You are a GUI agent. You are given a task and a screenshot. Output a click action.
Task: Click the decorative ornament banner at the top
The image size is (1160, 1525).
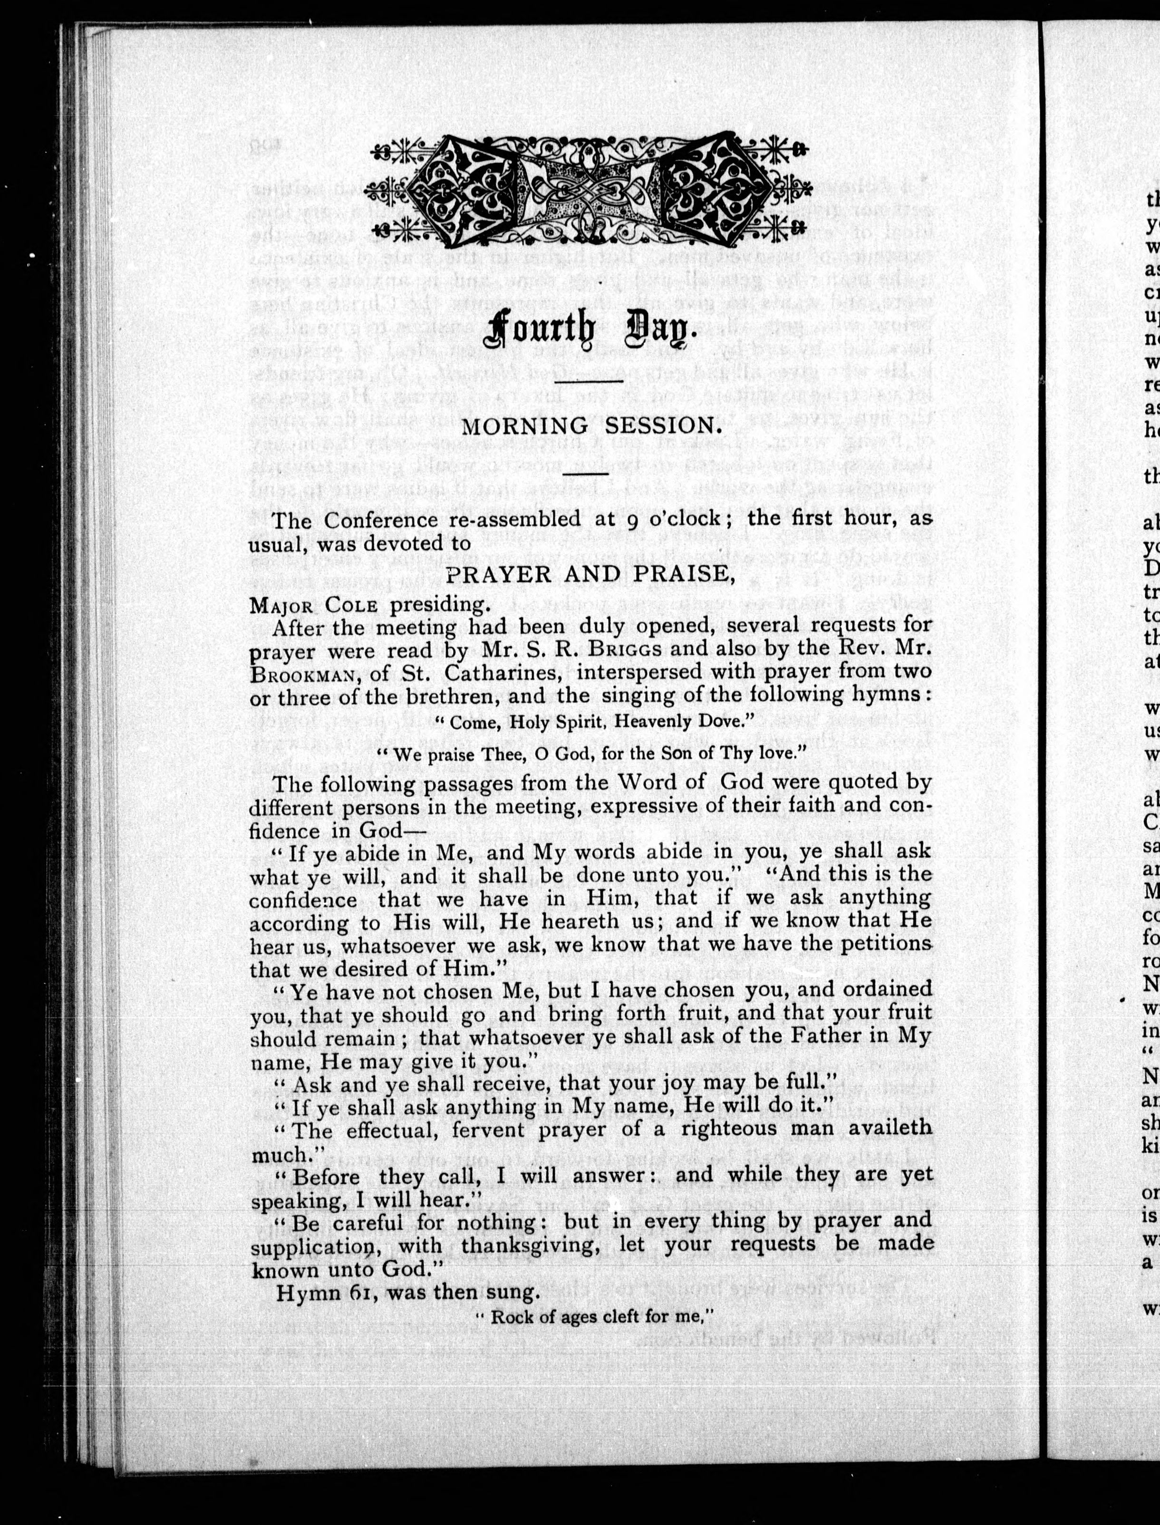[x=587, y=190]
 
